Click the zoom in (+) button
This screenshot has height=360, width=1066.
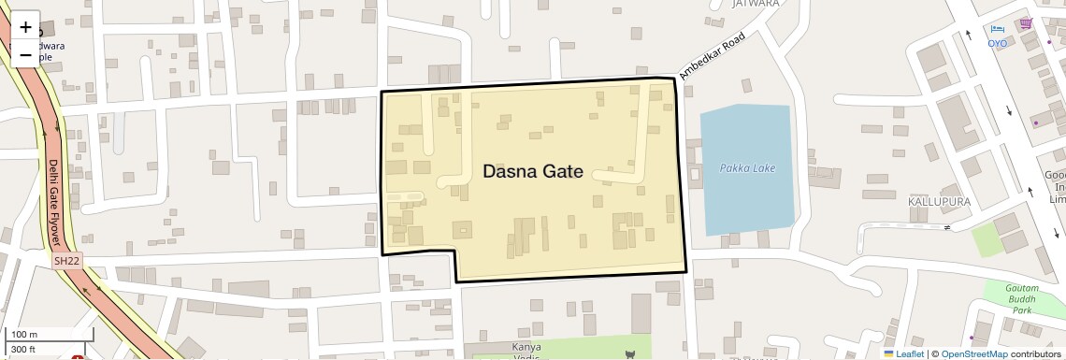pyautogui.click(x=25, y=27)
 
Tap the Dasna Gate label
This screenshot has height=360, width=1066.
pyautogui.click(x=532, y=172)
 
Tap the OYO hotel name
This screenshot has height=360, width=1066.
pyautogui.click(x=998, y=43)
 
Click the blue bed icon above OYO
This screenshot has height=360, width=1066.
pyautogui.click(x=998, y=30)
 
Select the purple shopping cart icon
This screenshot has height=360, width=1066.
pyautogui.click(x=1026, y=23)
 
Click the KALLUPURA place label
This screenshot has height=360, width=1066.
pyautogui.click(x=938, y=201)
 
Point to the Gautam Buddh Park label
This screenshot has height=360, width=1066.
pyautogui.click(x=1022, y=298)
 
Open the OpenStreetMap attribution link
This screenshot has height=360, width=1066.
pyautogui.click(x=973, y=353)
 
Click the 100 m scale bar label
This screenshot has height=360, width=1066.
pyautogui.click(x=25, y=335)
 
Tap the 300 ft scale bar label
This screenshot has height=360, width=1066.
pyautogui.click(x=25, y=349)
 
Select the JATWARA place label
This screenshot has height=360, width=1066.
pyautogui.click(x=756, y=4)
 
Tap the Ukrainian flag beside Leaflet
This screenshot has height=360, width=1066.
pyautogui.click(x=888, y=353)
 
